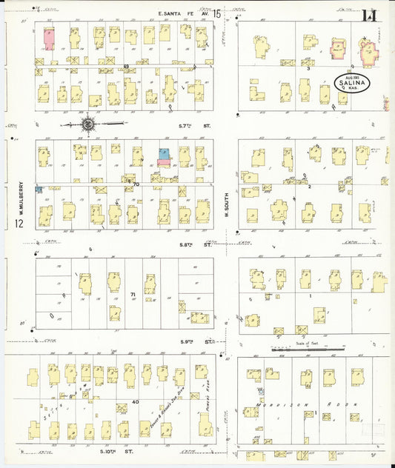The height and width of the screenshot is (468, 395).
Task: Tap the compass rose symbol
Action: (88, 124)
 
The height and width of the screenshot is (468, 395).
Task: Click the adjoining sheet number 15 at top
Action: (216, 13)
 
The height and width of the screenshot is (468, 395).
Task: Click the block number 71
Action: (133, 295)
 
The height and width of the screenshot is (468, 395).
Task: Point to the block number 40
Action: (135, 402)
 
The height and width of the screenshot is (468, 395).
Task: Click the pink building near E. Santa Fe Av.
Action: (49, 39)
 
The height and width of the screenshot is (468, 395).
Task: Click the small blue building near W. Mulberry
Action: (39, 190)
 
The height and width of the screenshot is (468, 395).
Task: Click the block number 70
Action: (135, 183)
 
